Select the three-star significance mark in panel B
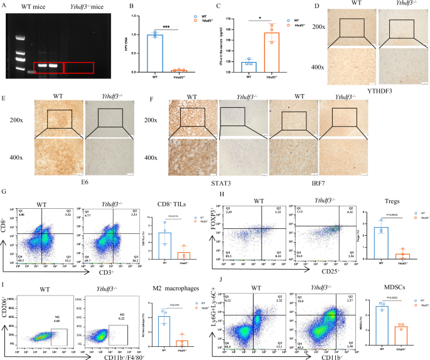tap(164, 28)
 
